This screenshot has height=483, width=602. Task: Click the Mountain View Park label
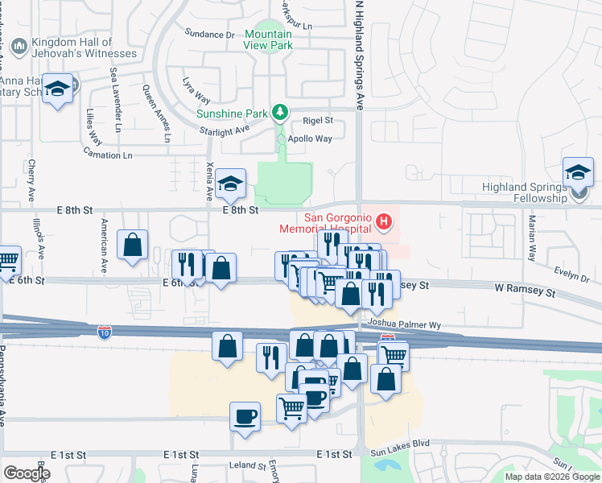(268, 40)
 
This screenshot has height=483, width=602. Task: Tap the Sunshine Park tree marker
(280, 112)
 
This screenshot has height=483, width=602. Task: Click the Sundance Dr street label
(208, 35)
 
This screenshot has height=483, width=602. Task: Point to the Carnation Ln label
(107, 155)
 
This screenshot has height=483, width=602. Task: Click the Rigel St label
(318, 120)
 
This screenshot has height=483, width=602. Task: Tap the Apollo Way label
(312, 138)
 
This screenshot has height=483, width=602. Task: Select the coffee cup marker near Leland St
(245, 416)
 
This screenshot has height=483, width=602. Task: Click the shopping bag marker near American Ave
(133, 246)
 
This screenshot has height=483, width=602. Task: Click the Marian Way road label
(531, 237)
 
